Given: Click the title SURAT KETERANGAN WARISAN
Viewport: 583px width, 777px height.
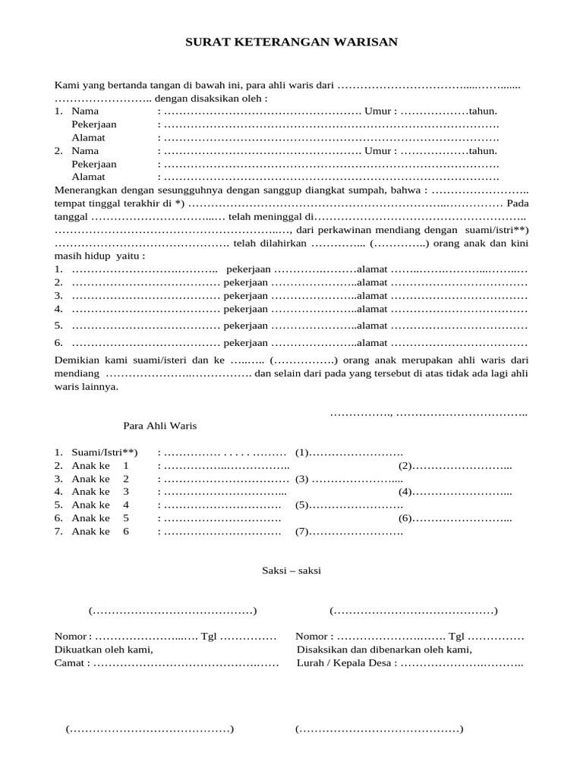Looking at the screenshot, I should (x=291, y=42).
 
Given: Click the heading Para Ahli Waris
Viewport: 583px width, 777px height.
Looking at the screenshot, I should (x=159, y=426).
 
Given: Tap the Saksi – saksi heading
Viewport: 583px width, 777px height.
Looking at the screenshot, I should (x=286, y=571).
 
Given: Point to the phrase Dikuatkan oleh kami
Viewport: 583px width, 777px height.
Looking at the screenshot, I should (x=103, y=650).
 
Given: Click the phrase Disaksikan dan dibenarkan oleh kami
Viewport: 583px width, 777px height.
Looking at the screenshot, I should (x=383, y=650).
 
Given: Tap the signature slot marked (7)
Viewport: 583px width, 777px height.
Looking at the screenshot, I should (x=301, y=532).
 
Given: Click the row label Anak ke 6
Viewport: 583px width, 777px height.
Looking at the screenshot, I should (x=100, y=532).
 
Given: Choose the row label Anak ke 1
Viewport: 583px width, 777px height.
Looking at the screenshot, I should (x=100, y=466).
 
